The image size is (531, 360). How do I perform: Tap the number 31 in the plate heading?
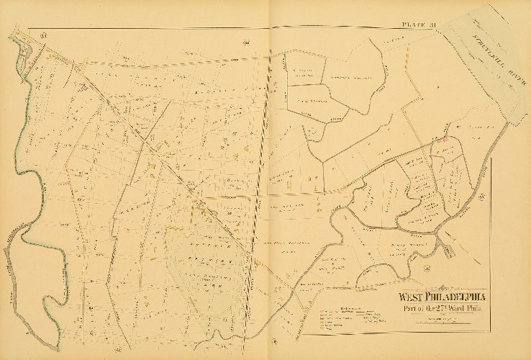click(433, 27)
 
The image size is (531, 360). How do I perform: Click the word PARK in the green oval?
click(209, 281)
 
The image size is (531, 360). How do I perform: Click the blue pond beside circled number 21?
click(29, 51)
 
